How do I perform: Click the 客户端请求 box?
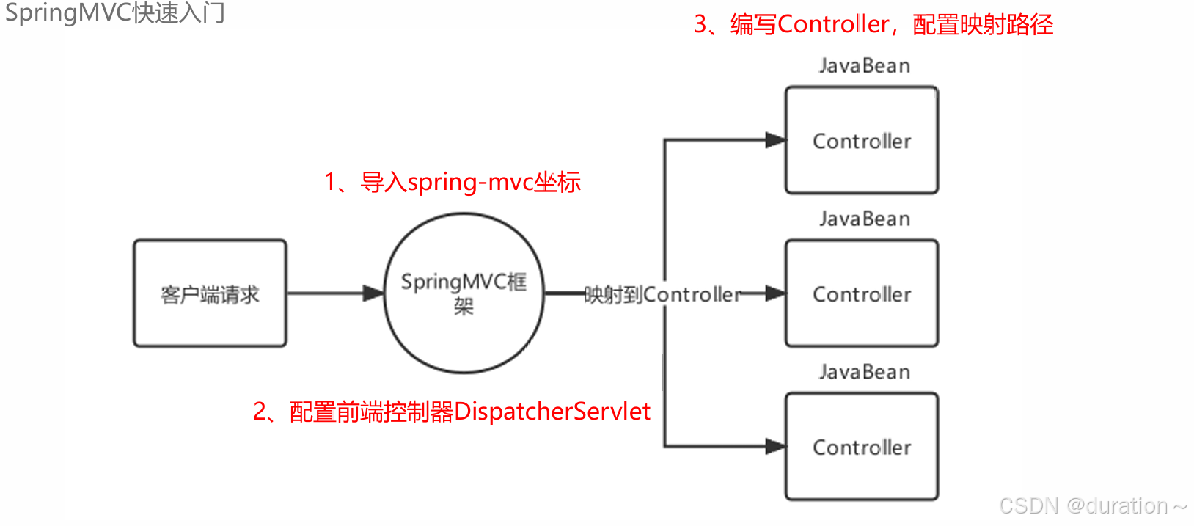(x=210, y=293)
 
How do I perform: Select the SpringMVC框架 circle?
(x=464, y=293)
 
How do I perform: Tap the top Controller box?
(x=862, y=141)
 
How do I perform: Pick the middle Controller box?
(x=862, y=293)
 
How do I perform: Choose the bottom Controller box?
(x=862, y=447)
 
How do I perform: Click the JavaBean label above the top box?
(x=865, y=66)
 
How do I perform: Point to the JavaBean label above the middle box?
(x=865, y=219)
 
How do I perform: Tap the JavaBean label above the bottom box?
(x=865, y=372)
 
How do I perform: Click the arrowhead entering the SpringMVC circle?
(x=374, y=293)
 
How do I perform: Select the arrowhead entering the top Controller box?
(x=775, y=140)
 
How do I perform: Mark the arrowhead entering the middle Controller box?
(x=775, y=293)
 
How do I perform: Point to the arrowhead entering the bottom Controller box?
(x=775, y=446)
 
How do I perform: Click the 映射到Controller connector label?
(x=662, y=294)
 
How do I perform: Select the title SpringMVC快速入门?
(x=115, y=13)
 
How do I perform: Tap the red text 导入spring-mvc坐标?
(x=471, y=182)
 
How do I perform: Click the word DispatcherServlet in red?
(x=552, y=412)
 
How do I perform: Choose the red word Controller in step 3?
(x=833, y=25)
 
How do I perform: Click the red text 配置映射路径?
(x=983, y=25)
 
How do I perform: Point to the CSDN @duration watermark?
(x=1092, y=506)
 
